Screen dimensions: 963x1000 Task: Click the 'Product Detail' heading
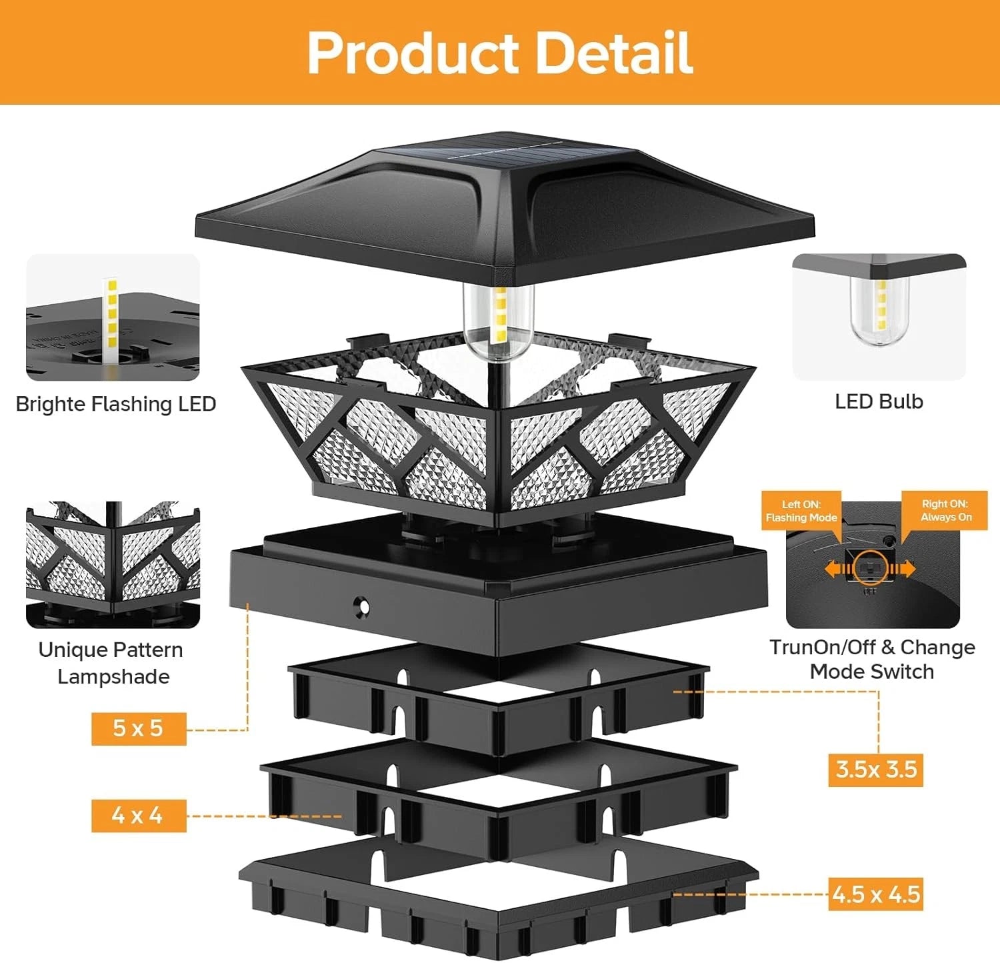tap(500, 53)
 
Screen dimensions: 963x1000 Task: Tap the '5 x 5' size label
tap(138, 728)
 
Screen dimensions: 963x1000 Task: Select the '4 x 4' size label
tap(138, 815)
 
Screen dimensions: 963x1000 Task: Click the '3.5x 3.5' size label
tap(876, 770)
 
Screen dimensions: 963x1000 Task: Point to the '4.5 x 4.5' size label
tap(876, 894)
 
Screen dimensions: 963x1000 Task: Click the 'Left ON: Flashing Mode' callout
tap(801, 511)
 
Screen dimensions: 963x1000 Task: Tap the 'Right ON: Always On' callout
tap(945, 511)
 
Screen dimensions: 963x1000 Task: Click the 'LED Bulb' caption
tap(879, 401)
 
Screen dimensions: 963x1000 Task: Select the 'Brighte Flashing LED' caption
tap(115, 404)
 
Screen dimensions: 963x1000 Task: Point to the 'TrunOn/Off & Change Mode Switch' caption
tap(872, 659)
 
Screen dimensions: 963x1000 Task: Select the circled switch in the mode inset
tap(871, 568)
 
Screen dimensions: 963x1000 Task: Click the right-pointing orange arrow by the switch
tap(905, 569)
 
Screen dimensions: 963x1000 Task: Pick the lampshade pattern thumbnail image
tap(113, 564)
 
